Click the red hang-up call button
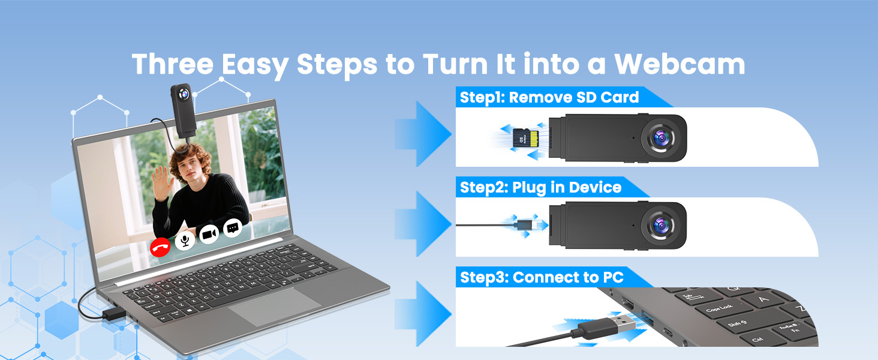[160, 247]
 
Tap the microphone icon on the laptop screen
[185, 241]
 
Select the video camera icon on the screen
[209, 235]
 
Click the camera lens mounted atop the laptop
[184, 94]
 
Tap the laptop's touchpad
[275, 307]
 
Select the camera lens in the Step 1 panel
[662, 137]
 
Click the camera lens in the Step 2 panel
[662, 226]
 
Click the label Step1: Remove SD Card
[549, 97]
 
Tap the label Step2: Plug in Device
[540, 187]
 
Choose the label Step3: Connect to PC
[542, 277]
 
